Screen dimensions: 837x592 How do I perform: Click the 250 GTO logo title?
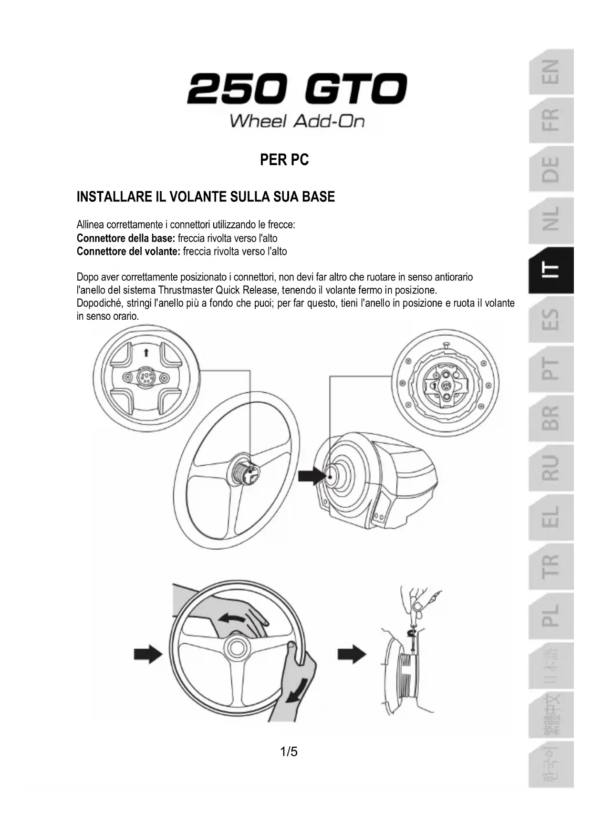coord(296,89)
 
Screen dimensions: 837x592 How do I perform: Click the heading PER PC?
coord(284,159)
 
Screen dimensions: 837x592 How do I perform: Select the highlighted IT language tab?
coord(551,271)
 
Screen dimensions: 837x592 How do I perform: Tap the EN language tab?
coord(551,72)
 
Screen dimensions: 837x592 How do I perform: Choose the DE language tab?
coord(551,169)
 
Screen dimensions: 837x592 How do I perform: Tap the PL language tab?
coord(551,616)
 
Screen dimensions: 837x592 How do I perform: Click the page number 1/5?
coord(289,752)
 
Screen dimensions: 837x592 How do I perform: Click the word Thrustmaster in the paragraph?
coord(186,290)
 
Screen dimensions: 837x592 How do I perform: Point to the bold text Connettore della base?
coord(126,238)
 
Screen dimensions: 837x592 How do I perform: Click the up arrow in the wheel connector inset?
coord(146,353)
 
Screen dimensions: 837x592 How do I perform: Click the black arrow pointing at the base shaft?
coord(311,476)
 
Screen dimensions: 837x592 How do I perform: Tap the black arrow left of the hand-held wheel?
coord(148,654)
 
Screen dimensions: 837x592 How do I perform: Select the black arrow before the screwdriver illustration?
coord(352,654)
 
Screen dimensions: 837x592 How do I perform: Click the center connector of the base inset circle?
coord(446,385)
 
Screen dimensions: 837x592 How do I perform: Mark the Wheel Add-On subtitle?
coord(297,121)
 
